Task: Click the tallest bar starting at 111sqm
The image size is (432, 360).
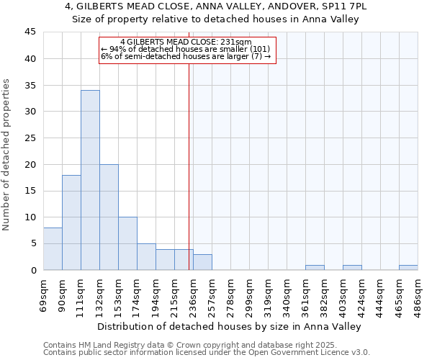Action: [90, 180]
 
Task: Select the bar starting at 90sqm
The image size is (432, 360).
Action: [71, 222]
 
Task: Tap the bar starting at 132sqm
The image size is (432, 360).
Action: [109, 217]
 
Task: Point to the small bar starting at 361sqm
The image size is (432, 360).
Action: [315, 267]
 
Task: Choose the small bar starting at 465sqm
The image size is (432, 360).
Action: [408, 267]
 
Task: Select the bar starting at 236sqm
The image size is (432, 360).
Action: [202, 262]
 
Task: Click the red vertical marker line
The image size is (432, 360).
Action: [189, 166]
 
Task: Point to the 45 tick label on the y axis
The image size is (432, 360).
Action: [30, 32]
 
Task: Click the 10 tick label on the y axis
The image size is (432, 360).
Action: [30, 217]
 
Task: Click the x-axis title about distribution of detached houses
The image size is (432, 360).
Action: [230, 326]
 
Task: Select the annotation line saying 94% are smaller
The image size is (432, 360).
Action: [186, 49]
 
